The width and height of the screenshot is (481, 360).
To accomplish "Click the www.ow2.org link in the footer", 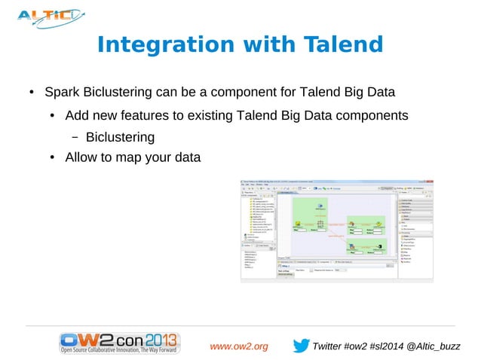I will tap(239, 346).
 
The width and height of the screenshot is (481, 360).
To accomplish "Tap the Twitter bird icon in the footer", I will tap(300, 346).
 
